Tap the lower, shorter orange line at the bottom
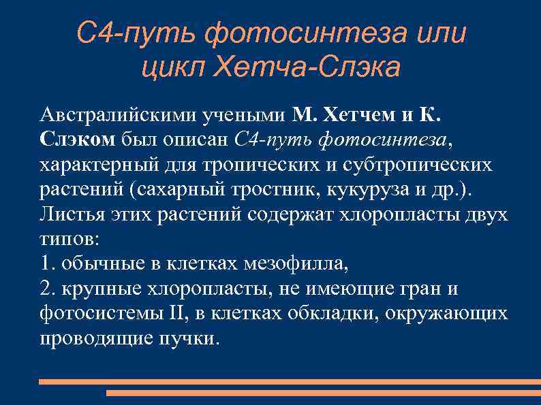pos(323,393)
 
